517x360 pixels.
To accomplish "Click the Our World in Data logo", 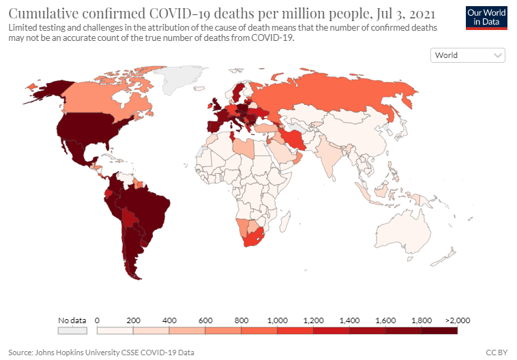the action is [486, 18].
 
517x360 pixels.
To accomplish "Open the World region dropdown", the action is [467, 55].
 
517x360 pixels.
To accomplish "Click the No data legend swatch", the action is [72, 330].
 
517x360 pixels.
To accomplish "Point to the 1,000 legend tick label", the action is [278, 320].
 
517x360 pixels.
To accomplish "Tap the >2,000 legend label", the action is [458, 320].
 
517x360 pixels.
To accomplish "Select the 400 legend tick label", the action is [169, 320].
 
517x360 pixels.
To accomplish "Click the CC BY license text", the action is [497, 352].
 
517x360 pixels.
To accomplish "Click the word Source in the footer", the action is [20, 352].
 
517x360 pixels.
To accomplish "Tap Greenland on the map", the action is [179, 79].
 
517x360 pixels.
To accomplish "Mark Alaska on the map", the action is [50, 90].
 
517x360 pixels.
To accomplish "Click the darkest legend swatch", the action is [439, 330].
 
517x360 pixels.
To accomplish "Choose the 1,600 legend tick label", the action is [385, 320].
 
